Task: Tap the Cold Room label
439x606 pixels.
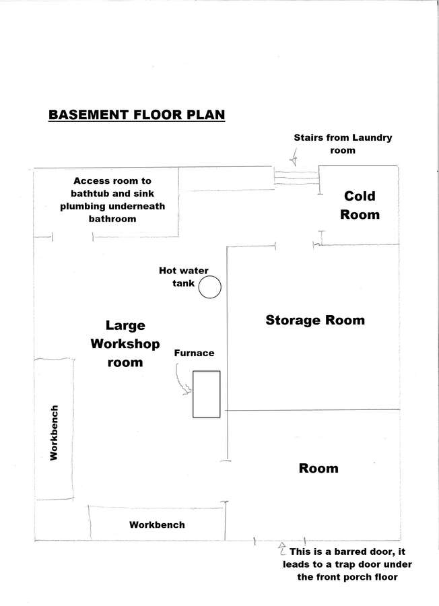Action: click(360, 205)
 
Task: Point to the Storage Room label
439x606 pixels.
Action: click(315, 320)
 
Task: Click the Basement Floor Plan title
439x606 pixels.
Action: click(137, 114)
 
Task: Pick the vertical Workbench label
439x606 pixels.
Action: click(54, 432)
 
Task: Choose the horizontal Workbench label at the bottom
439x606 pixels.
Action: click(157, 525)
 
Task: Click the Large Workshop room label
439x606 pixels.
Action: click(125, 343)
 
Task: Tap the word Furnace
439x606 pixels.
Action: click(194, 353)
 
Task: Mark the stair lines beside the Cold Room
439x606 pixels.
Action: click(296, 176)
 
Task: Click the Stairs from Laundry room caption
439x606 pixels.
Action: click(343, 144)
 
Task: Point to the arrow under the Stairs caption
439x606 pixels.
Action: click(294, 159)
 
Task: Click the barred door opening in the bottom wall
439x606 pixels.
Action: click(279, 540)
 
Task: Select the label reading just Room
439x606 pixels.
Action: click(318, 468)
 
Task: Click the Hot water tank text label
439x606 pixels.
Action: click(184, 277)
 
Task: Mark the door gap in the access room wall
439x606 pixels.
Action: click(73, 237)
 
